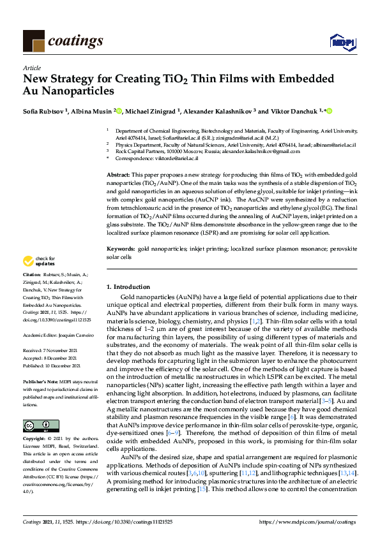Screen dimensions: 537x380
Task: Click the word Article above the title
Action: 31,67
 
